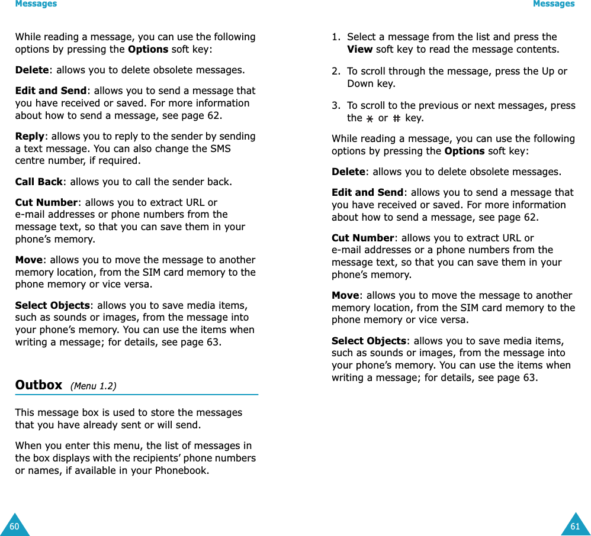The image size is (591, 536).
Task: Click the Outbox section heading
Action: tap(38, 385)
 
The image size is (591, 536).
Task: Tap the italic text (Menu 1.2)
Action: tap(93, 386)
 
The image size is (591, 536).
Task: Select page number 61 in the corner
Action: tap(575, 527)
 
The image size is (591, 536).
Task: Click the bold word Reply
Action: tap(30, 136)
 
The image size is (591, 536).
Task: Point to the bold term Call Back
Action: tap(38, 182)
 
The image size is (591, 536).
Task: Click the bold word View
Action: tap(359, 49)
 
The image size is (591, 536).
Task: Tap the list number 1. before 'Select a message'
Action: tap(336, 37)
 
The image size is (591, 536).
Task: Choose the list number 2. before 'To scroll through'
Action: tap(336, 71)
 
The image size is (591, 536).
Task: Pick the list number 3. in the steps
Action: tap(336, 105)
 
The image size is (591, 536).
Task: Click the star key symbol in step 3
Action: tap(370, 118)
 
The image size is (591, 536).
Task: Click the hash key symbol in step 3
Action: tap(396, 118)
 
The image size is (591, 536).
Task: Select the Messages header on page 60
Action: tap(36, 4)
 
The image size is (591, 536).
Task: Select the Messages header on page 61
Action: tap(554, 4)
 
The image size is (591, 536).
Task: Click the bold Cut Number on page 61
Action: tap(363, 238)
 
